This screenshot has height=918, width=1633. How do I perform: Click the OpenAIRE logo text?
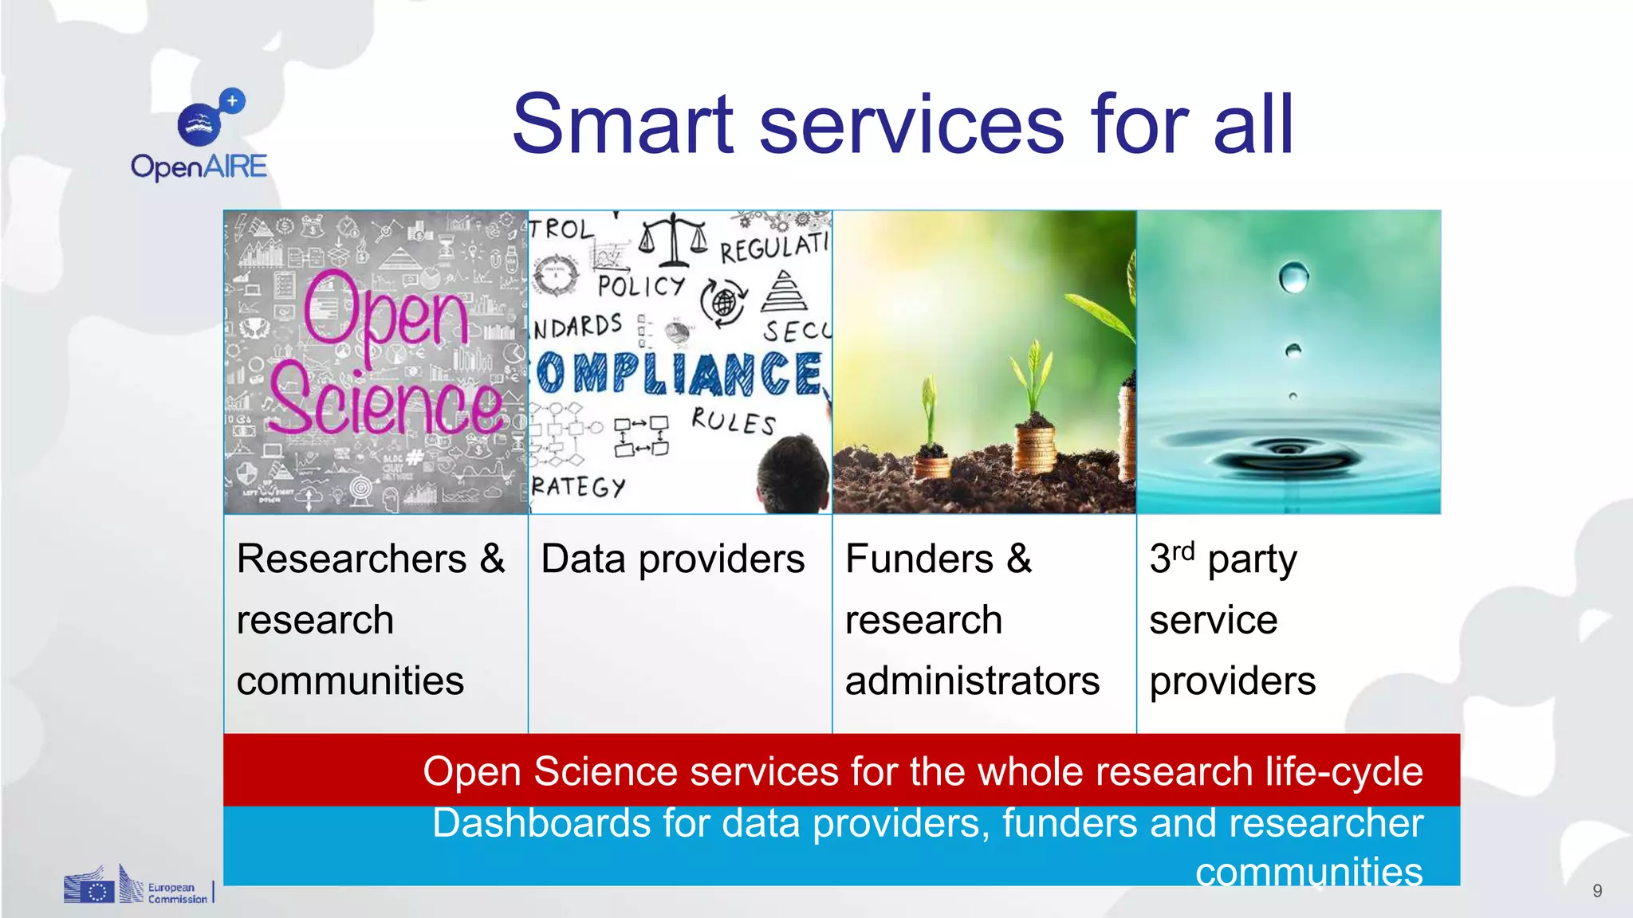(199, 167)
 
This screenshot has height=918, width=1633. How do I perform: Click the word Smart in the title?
(622, 125)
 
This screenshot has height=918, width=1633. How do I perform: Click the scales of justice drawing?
(674, 239)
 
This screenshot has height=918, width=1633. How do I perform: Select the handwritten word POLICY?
(641, 286)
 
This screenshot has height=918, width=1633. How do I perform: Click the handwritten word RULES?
(733, 421)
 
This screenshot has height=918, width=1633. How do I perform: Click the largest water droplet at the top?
(1293, 277)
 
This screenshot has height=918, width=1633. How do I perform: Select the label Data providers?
(672, 559)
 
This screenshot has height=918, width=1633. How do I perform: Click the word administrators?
(972, 681)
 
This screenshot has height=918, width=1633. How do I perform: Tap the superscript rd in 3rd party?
(1183, 550)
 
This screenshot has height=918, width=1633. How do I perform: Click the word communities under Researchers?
(350, 681)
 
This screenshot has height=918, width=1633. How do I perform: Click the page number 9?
(1597, 891)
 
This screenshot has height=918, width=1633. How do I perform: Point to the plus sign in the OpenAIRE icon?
(232, 101)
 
